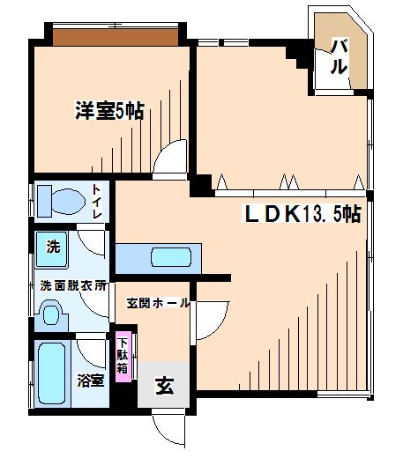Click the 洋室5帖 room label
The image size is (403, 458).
109,110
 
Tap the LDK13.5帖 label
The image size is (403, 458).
302,214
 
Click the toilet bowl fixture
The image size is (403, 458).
68,202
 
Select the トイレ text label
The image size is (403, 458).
97,202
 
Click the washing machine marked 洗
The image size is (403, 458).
52,249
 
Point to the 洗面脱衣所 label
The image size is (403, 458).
73,285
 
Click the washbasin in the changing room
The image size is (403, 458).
51,315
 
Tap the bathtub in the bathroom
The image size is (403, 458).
52,373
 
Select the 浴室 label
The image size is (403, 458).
90,380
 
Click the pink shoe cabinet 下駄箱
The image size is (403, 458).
123,357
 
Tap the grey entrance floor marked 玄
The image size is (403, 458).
163,385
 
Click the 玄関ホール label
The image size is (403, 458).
158,303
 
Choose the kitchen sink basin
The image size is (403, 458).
171,257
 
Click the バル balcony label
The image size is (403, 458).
339,56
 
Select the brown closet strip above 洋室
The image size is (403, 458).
116,37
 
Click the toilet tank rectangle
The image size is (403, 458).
44,201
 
